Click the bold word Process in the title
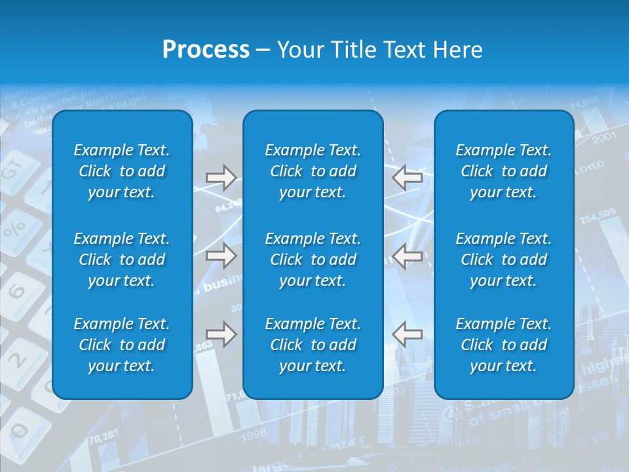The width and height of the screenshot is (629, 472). coord(206,50)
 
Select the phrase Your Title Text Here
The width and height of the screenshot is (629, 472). coord(379,50)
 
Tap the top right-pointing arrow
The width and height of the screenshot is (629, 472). coord(221,178)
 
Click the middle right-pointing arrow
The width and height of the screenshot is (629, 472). coord(221,256)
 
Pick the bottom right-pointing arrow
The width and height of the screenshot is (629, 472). coord(221,334)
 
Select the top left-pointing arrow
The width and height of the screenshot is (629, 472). coord(407,178)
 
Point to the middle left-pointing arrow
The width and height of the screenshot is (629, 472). coord(407,256)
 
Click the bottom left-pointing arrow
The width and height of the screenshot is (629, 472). coord(407,334)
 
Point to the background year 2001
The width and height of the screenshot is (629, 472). coord(603,138)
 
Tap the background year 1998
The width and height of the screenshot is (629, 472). coord(254,433)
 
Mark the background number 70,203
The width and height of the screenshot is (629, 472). coord(103,433)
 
